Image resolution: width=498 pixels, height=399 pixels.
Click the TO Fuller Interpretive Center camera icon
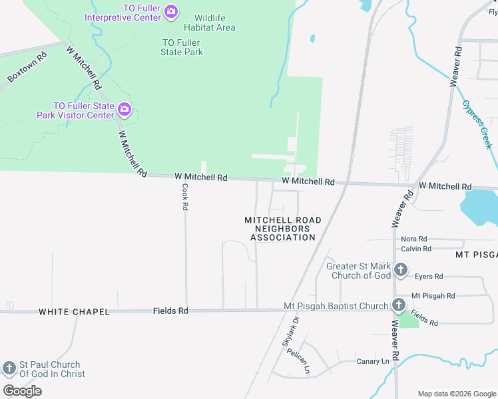(171, 11)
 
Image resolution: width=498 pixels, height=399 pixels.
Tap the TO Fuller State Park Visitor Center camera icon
(124, 110)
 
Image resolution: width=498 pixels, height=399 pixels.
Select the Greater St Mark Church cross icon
(400, 269)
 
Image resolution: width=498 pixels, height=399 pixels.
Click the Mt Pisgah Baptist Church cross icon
(398, 305)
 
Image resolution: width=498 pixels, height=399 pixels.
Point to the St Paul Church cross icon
(9, 368)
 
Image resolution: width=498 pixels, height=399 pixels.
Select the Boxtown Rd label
(27, 68)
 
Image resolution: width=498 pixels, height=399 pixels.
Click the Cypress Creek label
(477, 124)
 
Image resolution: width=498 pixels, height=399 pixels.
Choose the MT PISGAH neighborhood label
(476, 255)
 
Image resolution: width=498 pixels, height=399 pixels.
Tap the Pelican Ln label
(299, 360)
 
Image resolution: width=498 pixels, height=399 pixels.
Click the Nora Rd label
(413, 239)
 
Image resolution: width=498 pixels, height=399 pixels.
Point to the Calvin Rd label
(416, 249)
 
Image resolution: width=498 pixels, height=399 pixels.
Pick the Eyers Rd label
(428, 276)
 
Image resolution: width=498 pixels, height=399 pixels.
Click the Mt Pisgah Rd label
(433, 295)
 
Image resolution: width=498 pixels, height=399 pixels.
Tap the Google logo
(22, 391)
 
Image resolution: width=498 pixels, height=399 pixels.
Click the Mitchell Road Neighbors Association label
(283, 228)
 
